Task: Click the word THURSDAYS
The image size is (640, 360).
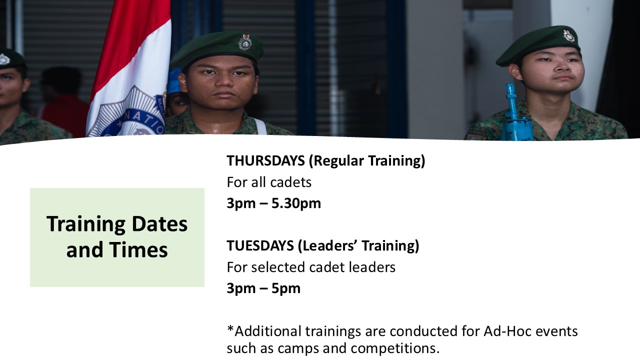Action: pos(265,160)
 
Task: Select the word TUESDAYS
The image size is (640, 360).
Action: pos(260,245)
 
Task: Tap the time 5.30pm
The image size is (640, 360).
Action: pos(296,203)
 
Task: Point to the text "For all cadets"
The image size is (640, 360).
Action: pos(269,182)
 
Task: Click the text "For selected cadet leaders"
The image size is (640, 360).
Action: pos(311,267)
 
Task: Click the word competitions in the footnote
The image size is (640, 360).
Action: pos(395,348)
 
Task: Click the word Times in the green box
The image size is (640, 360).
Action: pos(138,249)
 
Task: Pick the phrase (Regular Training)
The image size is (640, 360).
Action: pos(367,161)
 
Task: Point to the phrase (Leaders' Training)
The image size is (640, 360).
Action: pos(358,245)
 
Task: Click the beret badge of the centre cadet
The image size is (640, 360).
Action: pos(245,42)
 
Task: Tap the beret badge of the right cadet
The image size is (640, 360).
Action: pos(569,36)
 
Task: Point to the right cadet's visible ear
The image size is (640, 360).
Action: pos(514,72)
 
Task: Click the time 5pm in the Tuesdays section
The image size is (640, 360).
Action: pos(285,288)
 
